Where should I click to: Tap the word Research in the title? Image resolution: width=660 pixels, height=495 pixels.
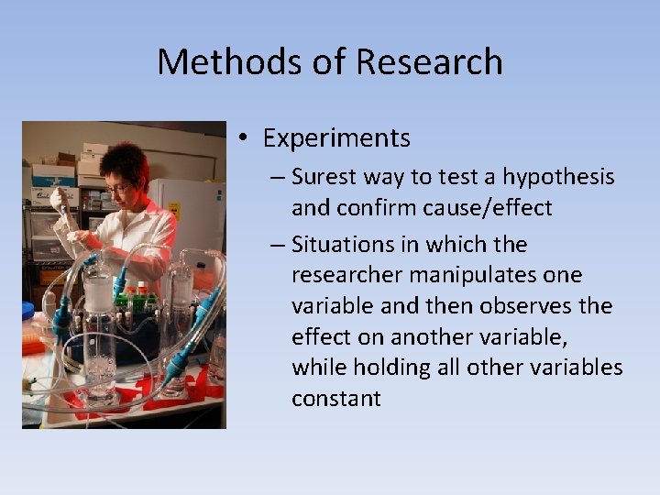[429, 62]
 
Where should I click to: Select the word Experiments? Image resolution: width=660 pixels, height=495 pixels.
[336, 138]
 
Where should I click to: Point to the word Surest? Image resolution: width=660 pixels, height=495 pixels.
[323, 176]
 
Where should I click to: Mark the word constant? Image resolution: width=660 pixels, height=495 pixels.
[335, 398]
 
